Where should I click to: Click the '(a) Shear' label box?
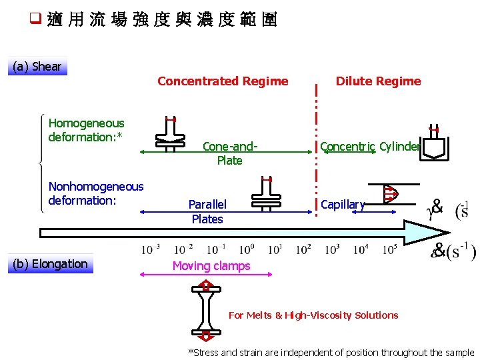coord(37,67)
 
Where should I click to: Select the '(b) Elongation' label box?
coord(51,264)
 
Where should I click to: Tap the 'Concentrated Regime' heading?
coord(223,81)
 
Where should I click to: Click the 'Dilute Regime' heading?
coord(378,81)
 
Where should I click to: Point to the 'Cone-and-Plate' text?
coord(229,153)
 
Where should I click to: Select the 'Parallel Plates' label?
coord(207,211)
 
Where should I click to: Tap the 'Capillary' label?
coord(343,205)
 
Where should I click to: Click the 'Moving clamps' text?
coord(211,266)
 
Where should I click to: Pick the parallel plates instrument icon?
coord(265,195)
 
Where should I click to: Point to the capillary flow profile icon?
coord(391,193)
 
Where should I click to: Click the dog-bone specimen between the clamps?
coord(206,309)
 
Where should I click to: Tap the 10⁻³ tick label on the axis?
coord(150,250)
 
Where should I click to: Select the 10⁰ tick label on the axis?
coord(246,250)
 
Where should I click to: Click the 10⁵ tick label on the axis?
coord(389,250)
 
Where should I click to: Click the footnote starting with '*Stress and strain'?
coord(331,353)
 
